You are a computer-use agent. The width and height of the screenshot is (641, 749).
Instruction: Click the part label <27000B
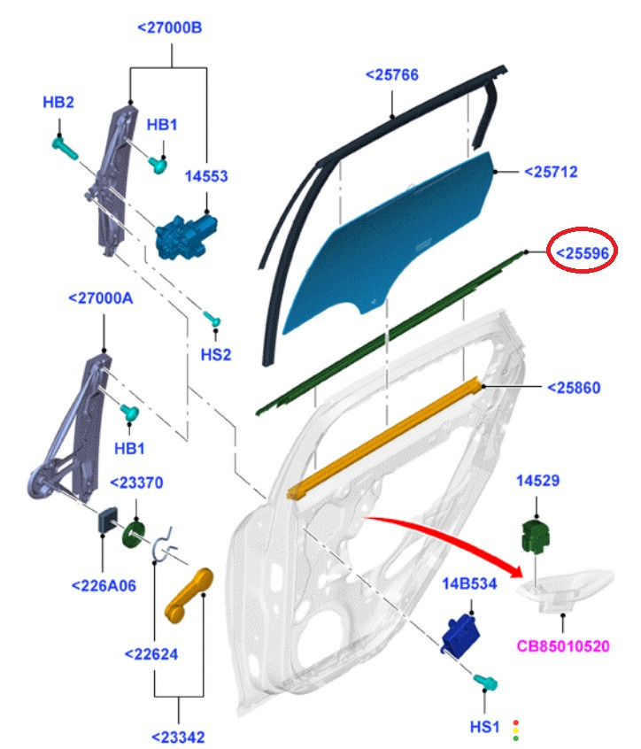pyautogui.click(x=170, y=27)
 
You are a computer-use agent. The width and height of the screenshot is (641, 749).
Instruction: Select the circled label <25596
pyautogui.click(x=582, y=254)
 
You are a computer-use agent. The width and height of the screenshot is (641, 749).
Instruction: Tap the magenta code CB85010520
pyautogui.click(x=564, y=646)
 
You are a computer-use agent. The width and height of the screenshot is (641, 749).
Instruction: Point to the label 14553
pyautogui.click(x=205, y=176)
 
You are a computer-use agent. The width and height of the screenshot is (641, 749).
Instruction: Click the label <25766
pyautogui.click(x=391, y=76)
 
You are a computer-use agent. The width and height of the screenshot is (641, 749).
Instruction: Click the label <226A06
pyautogui.click(x=104, y=585)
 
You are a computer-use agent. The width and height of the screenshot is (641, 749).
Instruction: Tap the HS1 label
pyautogui.click(x=485, y=727)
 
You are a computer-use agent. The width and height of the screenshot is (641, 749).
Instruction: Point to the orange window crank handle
pyautogui.click(x=189, y=591)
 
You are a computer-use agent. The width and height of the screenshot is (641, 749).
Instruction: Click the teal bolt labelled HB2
pyautogui.click(x=63, y=146)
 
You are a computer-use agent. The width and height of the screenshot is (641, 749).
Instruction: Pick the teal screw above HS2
pyautogui.click(x=212, y=318)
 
